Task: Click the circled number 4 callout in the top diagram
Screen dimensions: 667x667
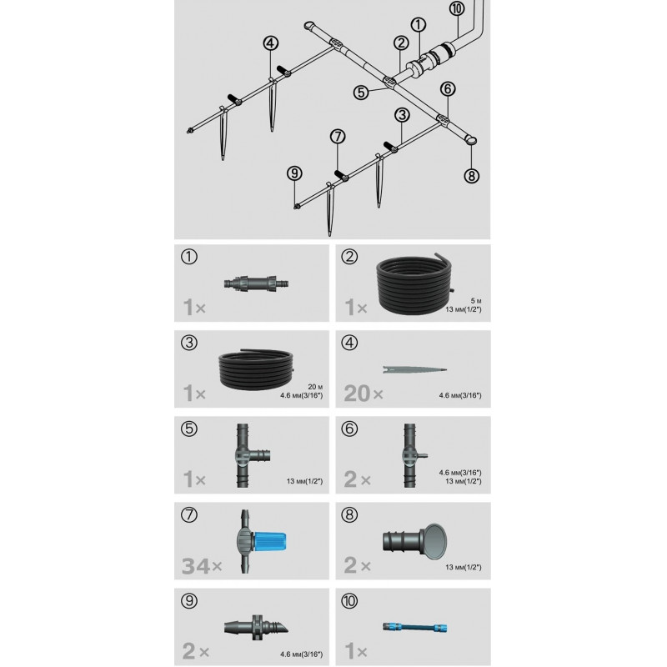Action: click(x=270, y=43)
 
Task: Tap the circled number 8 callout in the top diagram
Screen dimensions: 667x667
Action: click(x=471, y=176)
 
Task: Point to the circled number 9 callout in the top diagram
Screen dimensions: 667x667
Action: click(x=294, y=173)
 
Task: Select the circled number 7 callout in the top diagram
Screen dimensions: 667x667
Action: click(x=338, y=137)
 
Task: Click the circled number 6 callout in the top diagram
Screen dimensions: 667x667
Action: click(x=448, y=89)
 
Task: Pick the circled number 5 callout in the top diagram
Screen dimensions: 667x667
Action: click(x=361, y=93)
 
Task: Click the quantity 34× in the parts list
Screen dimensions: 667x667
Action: click(x=202, y=566)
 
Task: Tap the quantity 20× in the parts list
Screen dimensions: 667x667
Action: click(x=364, y=394)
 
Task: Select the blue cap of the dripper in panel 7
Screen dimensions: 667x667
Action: click(x=269, y=540)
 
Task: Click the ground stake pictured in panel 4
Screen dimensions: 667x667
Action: click(x=414, y=369)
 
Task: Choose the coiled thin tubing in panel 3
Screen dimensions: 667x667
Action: click(x=257, y=369)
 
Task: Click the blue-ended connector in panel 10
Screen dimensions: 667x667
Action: click(x=414, y=627)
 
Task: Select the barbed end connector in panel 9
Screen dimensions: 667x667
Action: click(x=256, y=628)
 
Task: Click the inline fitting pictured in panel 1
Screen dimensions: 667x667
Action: click(x=256, y=283)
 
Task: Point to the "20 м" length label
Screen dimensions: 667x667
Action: click(x=315, y=387)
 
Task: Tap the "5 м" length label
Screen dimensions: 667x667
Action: click(x=476, y=301)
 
